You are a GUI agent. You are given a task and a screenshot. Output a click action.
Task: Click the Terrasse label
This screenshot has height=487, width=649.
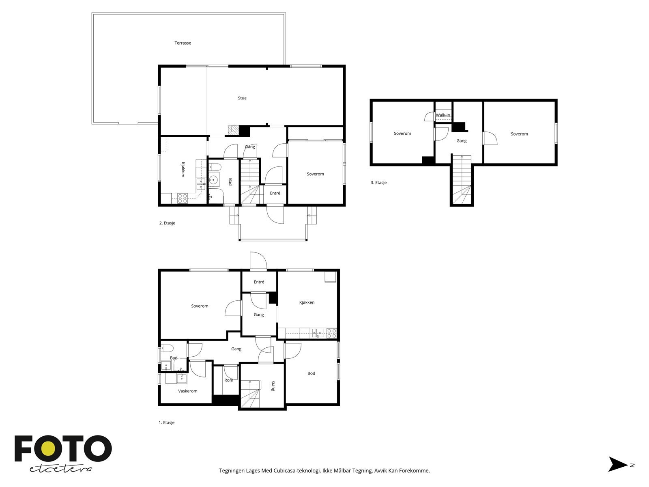click(x=183, y=43)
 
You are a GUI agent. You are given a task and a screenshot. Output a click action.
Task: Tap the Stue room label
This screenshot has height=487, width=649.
click(x=242, y=98)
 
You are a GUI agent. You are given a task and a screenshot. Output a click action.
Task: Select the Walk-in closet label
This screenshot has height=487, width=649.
click(x=443, y=115)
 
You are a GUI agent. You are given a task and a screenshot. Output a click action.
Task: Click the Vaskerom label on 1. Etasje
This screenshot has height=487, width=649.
click(x=187, y=391)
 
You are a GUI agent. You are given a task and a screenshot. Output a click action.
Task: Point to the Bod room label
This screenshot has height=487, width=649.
click(x=312, y=373)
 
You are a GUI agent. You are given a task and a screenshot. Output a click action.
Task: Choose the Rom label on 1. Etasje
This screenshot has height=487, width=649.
click(x=228, y=380)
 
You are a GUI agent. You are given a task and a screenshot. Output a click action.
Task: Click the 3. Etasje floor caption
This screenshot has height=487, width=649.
click(x=378, y=183)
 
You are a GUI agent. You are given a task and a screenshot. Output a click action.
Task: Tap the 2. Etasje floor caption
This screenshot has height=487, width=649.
click(x=168, y=223)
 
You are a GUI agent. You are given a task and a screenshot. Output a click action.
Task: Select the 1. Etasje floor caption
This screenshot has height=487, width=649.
click(x=166, y=422)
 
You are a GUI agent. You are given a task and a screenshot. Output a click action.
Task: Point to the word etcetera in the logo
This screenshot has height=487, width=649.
click(x=60, y=469)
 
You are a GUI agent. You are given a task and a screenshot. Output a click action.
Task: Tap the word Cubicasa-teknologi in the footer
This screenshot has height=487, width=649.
click(x=297, y=470)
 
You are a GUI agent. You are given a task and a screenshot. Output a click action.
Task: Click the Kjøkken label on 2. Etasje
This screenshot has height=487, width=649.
click(x=183, y=169)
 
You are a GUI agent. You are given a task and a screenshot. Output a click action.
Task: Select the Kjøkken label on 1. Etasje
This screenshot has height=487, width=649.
click(x=307, y=302)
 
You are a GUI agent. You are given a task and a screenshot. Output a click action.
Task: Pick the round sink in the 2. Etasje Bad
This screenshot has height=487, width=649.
click(x=213, y=179)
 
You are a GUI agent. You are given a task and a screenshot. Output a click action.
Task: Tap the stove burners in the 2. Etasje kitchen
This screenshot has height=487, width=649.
click(x=183, y=198)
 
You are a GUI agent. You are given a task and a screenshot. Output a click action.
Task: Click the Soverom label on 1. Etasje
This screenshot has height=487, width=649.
click(x=200, y=306)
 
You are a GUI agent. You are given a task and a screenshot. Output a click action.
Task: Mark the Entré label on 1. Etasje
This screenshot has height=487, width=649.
click(x=259, y=282)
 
